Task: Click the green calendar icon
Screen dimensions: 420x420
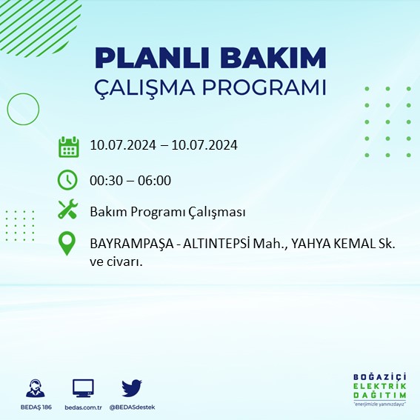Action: coord(68,146)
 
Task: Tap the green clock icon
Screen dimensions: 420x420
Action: coord(67,179)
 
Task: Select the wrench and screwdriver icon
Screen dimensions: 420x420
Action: coord(67,211)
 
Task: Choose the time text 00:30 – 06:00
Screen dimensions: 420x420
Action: coord(130,180)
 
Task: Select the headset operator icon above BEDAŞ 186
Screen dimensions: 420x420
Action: coord(34,389)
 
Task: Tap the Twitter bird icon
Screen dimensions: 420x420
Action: coord(132,388)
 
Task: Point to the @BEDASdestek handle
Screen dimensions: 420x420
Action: coord(133,407)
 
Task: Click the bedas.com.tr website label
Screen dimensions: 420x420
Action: coord(83,407)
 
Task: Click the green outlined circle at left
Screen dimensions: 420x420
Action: coord(23,108)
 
